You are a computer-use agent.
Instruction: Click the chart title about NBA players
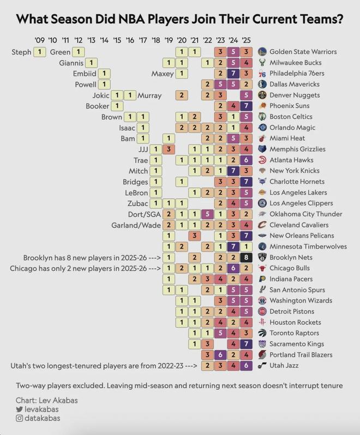tap(179, 19)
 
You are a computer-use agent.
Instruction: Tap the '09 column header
tap(39, 40)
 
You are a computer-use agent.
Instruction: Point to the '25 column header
tap(246, 40)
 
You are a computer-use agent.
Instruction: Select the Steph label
tap(21, 52)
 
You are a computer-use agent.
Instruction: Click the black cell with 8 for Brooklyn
tap(246, 257)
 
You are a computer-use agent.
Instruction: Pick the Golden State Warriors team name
tap(303, 52)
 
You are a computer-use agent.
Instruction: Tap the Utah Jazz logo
tap(262, 365)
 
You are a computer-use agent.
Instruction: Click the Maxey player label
tap(163, 74)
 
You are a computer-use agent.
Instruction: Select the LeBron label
tap(136, 192)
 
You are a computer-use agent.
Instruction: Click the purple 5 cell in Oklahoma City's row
tap(207, 214)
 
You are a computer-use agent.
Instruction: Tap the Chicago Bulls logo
tap(262, 268)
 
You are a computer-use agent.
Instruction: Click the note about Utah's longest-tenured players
tap(103, 365)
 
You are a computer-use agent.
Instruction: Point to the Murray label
tap(149, 95)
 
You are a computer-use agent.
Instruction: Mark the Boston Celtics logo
tap(262, 117)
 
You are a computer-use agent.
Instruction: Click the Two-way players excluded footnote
tap(179, 385)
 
